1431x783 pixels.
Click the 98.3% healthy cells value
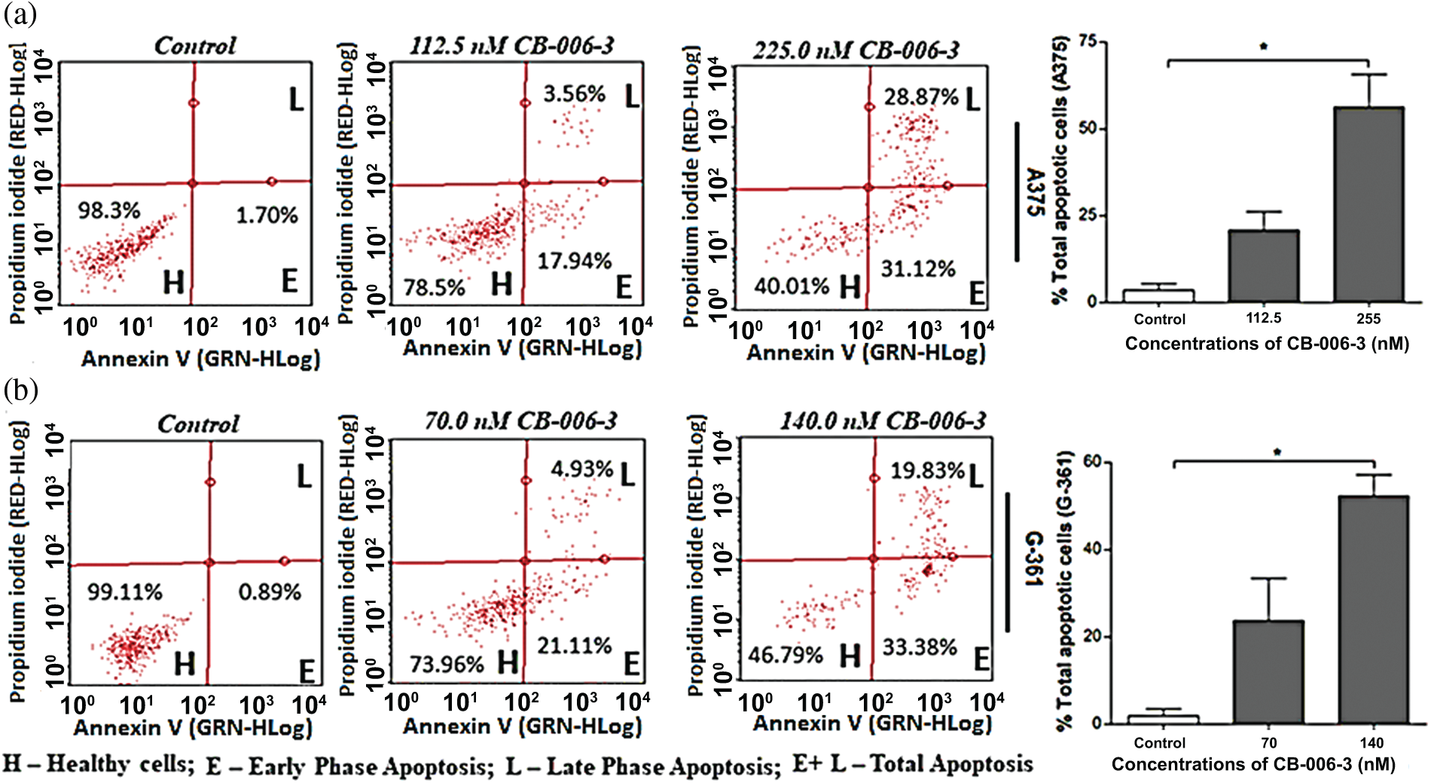coord(108,210)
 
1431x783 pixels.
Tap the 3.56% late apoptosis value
coord(574,94)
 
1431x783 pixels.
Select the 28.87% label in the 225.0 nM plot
coord(920,97)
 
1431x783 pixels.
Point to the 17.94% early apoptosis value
coord(574,261)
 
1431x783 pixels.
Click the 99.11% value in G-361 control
coord(124,592)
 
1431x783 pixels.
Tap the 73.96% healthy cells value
coord(446,664)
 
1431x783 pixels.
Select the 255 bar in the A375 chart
coord(1368,203)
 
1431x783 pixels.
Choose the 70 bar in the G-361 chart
coord(1268,671)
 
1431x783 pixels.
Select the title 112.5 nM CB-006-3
coord(511,46)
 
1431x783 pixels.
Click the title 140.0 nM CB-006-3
coord(882,421)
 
